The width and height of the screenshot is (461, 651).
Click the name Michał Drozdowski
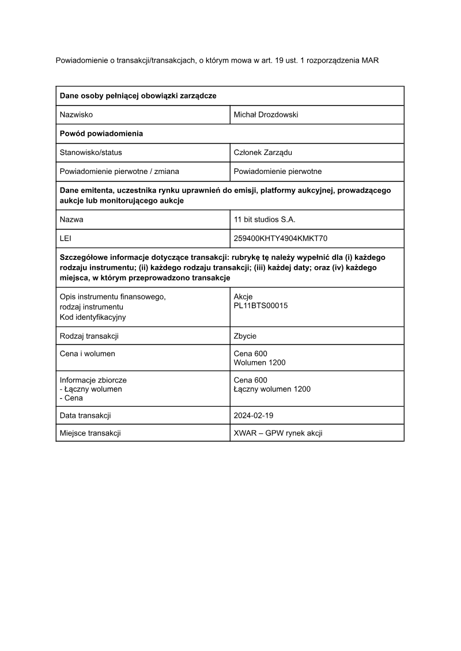(266, 115)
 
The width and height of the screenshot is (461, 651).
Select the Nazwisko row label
(76, 115)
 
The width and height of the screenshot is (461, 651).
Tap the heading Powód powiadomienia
(101, 134)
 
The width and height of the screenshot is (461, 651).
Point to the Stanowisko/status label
(90, 153)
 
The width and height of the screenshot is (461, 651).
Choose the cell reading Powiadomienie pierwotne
(278, 171)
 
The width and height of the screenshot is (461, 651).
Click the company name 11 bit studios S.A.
(264, 219)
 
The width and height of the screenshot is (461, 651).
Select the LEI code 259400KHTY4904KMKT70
(281, 238)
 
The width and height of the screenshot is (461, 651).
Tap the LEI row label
(66, 238)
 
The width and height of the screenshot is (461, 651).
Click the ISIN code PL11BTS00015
(260, 305)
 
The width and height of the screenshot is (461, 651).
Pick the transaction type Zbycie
(245, 336)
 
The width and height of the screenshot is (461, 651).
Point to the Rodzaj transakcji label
(89, 336)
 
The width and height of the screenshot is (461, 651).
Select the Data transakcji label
(85, 415)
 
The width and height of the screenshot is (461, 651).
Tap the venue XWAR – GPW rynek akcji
(278, 433)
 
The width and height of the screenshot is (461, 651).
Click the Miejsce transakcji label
(90, 433)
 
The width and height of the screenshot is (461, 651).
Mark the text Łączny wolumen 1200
(272, 389)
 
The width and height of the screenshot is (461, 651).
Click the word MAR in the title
(370, 60)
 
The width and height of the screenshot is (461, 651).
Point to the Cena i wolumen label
(88, 353)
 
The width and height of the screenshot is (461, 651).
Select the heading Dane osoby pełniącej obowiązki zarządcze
(138, 96)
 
